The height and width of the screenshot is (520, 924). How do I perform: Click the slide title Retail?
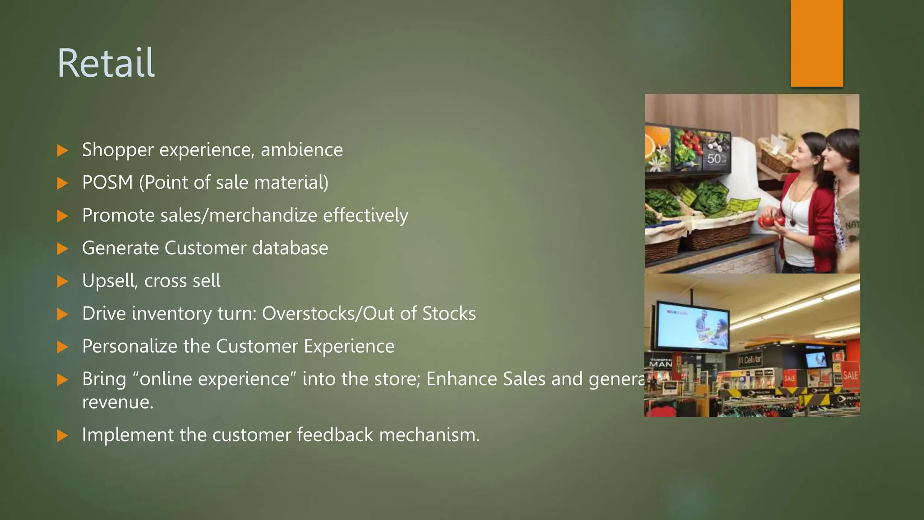106,63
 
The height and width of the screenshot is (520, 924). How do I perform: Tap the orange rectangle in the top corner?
817,43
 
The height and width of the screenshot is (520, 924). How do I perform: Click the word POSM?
107,183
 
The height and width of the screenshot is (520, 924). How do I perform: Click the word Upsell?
110,281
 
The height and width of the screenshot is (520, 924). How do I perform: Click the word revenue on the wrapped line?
118,402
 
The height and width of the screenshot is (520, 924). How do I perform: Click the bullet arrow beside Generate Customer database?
63,249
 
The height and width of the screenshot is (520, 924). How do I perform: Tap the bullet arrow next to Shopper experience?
63,150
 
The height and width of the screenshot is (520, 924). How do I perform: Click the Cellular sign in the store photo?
749,360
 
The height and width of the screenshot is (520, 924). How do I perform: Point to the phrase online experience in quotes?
214,379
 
